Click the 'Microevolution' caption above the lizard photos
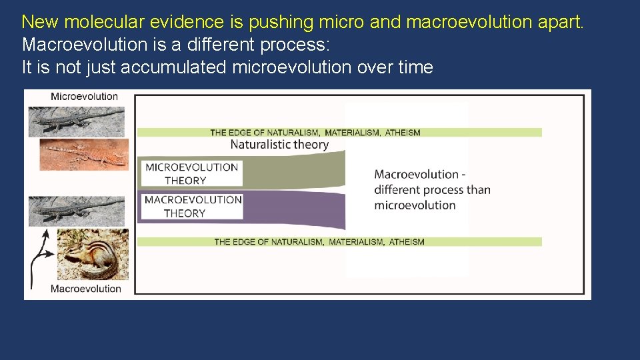click(84, 97)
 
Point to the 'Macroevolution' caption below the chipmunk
click(86, 289)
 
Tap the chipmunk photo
click(93, 255)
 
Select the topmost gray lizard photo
click(76, 121)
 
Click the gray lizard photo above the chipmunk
click(76, 211)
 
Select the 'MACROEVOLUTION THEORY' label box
click(192, 207)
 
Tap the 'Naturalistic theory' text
click(279, 145)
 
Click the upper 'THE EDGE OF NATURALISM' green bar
click(339, 133)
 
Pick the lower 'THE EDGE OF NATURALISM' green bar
click(339, 242)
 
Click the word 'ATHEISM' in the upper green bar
click(403, 133)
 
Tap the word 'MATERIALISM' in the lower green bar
click(356, 242)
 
